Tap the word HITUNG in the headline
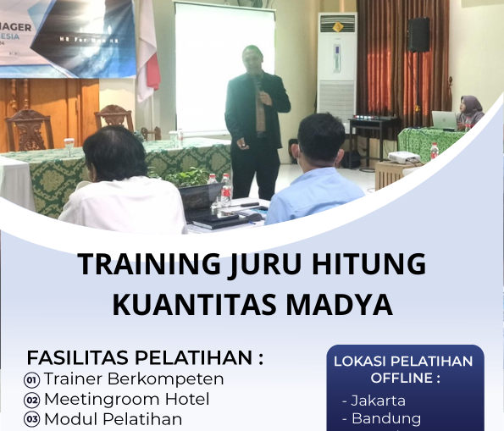(x=370, y=265)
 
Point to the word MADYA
(x=343, y=304)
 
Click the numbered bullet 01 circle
(x=32, y=379)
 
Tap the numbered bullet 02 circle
(x=32, y=400)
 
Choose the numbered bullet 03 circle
(x=32, y=419)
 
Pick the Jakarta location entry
(x=377, y=401)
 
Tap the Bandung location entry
(x=385, y=419)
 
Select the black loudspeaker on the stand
(x=418, y=36)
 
